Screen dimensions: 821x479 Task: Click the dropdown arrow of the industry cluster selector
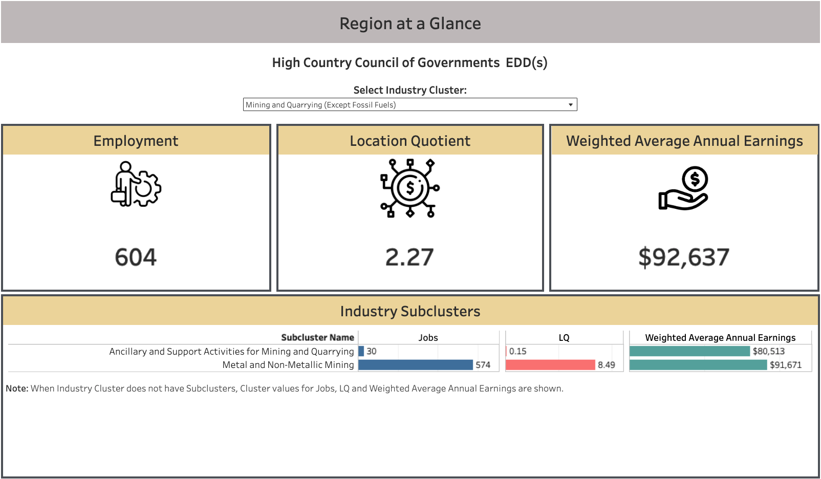coord(570,105)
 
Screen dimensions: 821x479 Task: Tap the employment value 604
coord(136,257)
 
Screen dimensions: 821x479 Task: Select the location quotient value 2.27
coord(409,257)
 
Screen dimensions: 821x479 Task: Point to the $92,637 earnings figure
coord(684,257)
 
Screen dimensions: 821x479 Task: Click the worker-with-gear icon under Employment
coord(136,184)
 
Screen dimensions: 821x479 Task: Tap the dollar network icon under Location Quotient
coord(410,188)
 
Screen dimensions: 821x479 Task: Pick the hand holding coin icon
coord(683,188)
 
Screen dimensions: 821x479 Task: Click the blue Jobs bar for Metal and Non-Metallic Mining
coord(416,365)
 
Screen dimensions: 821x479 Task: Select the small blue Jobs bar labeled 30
coord(361,351)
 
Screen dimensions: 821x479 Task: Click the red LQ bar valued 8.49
coord(550,365)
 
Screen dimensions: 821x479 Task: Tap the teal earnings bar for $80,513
coord(690,351)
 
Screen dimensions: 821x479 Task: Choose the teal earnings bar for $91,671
coord(698,365)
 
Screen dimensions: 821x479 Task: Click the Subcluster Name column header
coord(317,337)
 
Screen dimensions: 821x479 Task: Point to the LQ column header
coord(564,338)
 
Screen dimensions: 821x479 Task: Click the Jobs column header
coord(428,338)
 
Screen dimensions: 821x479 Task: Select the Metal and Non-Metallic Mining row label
coord(288,365)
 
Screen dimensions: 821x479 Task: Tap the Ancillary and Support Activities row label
coord(232,352)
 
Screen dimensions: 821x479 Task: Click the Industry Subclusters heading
coord(410,311)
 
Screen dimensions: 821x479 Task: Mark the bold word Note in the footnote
coord(17,388)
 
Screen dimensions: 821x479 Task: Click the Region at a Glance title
coord(410,24)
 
